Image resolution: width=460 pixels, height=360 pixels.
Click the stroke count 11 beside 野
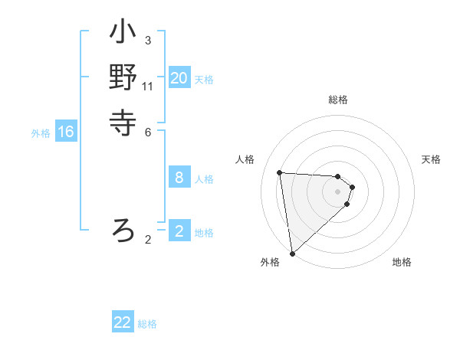148,86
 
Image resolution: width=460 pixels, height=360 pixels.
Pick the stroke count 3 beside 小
148,40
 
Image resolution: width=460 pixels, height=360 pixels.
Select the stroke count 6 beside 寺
148,131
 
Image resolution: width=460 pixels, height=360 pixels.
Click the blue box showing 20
179,78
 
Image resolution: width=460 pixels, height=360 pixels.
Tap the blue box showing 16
66,132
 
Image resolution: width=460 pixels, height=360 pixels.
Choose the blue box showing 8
179,178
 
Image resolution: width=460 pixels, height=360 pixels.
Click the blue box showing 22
123,322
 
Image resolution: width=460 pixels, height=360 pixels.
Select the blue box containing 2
179,231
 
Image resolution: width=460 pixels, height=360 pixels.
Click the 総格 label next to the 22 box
147,324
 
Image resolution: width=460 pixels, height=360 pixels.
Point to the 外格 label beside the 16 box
41,133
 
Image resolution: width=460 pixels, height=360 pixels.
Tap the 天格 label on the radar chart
431,159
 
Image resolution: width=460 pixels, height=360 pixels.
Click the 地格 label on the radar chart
402,262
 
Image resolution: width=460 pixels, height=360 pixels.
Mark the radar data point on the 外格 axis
292,254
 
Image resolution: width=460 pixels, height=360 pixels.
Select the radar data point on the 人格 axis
280,172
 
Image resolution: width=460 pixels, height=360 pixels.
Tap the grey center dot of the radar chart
337,191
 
